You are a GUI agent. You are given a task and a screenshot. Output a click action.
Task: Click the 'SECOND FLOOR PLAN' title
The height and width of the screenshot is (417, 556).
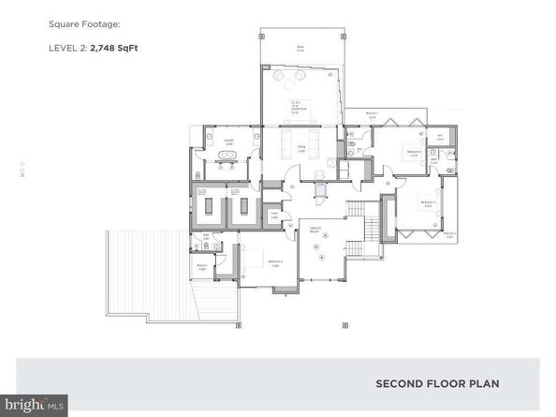point(437,383)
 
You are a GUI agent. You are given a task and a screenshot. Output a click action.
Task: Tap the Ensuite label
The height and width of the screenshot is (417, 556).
point(227,142)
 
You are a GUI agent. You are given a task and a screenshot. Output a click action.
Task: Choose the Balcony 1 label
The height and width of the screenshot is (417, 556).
point(372,114)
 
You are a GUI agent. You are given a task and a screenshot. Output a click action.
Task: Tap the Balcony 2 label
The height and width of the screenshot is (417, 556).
point(449,234)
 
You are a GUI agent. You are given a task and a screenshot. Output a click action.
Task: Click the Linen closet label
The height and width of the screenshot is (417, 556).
point(275,216)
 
